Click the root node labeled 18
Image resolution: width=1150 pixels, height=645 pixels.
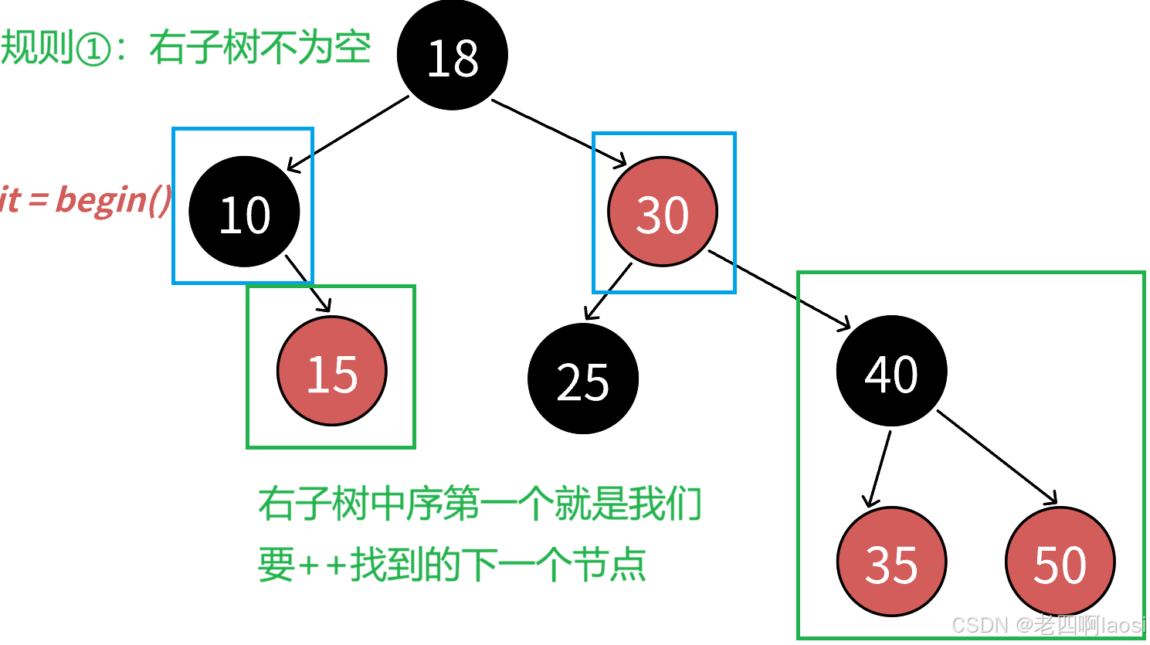click(x=452, y=56)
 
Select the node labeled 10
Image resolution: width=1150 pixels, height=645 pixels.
click(x=244, y=212)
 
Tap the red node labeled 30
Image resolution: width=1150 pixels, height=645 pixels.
click(x=663, y=212)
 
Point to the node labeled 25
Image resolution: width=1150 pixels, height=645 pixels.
click(x=583, y=379)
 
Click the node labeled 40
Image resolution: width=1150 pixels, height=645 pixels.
click(x=891, y=372)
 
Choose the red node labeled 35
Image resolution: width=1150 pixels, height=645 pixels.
click(x=891, y=562)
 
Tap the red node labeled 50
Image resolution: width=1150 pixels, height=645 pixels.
click(x=1060, y=562)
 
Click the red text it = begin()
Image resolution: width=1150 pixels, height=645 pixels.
click(x=85, y=199)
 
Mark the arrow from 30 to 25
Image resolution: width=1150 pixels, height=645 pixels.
click(x=609, y=292)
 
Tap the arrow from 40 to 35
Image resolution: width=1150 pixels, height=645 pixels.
click(x=880, y=467)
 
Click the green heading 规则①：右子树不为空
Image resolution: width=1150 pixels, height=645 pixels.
click(x=185, y=48)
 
